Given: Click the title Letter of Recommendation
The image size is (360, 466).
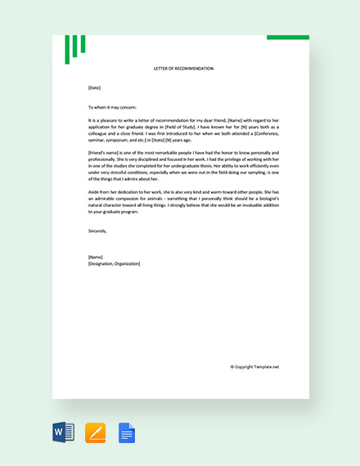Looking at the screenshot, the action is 182,69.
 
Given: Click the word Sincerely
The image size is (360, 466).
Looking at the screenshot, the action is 97,231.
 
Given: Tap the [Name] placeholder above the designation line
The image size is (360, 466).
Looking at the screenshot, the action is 96,257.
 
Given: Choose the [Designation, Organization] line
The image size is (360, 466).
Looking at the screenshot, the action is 114,263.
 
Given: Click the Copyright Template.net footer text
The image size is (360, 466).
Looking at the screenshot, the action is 254,367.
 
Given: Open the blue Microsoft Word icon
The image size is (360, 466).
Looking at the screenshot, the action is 63,432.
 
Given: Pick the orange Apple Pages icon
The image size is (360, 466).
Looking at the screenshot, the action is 95,432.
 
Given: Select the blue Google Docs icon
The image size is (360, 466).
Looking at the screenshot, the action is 127,432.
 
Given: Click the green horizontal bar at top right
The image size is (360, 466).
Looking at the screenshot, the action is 288,38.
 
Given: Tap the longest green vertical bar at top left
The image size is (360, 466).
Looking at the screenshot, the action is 67,50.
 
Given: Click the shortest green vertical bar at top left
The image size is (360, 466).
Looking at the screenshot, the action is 83,44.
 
